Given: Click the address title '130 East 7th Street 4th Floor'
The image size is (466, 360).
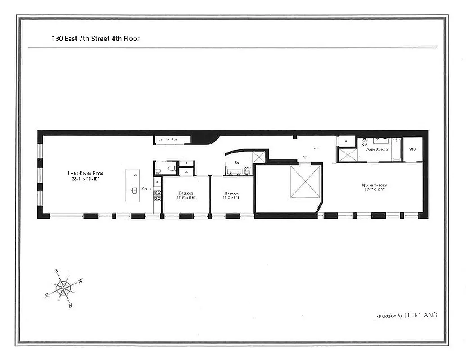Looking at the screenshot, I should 95,39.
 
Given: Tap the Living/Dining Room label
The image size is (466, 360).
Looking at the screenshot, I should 83,176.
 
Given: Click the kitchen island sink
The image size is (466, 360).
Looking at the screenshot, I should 134,190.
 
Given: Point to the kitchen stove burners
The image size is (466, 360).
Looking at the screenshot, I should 158,195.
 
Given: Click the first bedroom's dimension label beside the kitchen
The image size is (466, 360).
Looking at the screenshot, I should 185,196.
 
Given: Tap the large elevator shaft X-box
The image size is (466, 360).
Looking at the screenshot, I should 305,181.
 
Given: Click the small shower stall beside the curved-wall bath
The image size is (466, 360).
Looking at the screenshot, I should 259,157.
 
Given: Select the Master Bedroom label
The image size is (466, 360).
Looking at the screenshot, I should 375,187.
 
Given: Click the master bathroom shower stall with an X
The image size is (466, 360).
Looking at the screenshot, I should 348,154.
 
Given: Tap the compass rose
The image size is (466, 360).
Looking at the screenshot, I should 63,287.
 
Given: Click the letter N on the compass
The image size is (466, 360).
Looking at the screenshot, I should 71,306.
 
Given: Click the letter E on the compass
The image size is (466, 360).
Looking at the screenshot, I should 46,295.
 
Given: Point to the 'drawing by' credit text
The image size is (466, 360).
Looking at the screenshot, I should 407,315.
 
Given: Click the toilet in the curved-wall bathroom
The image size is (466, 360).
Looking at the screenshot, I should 246,171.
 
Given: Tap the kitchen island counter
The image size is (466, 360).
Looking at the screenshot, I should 132,185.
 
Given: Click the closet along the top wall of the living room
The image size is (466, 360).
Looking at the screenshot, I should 172,140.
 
